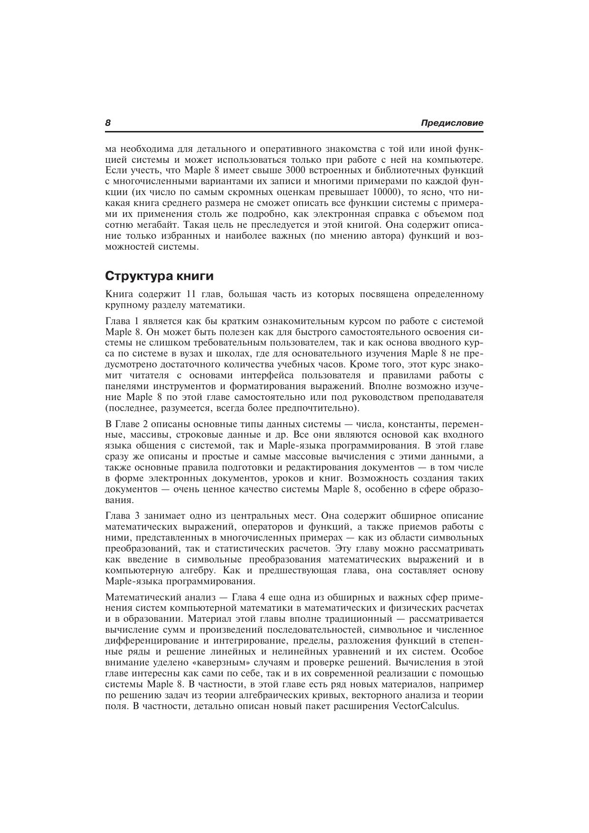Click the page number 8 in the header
[108, 123]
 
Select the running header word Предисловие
[452, 123]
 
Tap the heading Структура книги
[159, 276]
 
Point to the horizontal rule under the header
[294, 132]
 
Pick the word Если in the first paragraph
[114, 170]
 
